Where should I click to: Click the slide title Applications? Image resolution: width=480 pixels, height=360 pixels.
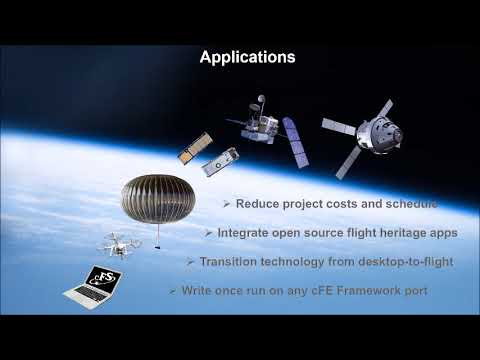(247, 58)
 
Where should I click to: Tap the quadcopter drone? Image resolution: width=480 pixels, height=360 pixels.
(118, 243)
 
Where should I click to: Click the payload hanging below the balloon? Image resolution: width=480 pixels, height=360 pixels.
(156, 242)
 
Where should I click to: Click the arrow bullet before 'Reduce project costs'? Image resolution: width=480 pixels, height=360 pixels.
(226, 204)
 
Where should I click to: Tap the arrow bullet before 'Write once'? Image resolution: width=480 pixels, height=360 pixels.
(172, 290)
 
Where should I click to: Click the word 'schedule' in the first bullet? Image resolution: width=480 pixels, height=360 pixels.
(410, 204)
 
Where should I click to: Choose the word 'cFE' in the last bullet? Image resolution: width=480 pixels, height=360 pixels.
(320, 290)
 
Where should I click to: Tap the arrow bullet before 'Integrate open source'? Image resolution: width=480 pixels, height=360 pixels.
(207, 232)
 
